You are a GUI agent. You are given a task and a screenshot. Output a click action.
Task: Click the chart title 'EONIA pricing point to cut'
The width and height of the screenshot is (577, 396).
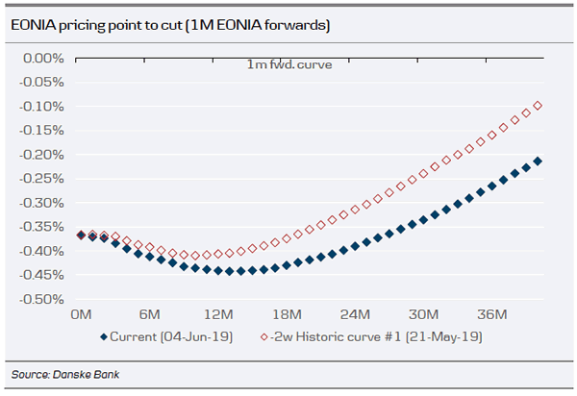[170, 26]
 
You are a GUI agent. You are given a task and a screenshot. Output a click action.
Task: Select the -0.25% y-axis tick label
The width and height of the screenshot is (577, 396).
[40, 179]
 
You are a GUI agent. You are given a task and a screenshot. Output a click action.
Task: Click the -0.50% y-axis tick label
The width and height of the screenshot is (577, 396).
[40, 300]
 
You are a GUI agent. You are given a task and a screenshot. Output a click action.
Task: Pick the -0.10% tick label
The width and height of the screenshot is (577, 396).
[40, 106]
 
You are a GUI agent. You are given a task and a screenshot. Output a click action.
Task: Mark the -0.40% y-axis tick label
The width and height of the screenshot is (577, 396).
[40, 251]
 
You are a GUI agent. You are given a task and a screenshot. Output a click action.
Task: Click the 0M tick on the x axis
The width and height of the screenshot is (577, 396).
[81, 315]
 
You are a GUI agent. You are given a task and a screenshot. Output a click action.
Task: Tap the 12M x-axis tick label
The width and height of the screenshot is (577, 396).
[218, 315]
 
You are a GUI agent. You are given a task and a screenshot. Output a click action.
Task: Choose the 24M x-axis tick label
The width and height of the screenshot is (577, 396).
[355, 315]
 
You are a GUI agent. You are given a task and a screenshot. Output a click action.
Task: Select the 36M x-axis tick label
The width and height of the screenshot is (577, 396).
[492, 315]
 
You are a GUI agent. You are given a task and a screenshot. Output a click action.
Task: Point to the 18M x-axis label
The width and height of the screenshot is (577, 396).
[287, 315]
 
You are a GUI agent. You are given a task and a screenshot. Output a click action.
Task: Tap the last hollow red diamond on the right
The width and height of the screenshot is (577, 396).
[538, 106]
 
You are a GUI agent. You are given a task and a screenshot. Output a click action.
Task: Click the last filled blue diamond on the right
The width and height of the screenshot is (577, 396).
[538, 161]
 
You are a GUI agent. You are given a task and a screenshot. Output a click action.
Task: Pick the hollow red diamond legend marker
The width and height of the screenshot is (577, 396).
[265, 337]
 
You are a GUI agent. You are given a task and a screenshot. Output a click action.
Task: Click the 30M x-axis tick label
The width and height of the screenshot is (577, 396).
[423, 315]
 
